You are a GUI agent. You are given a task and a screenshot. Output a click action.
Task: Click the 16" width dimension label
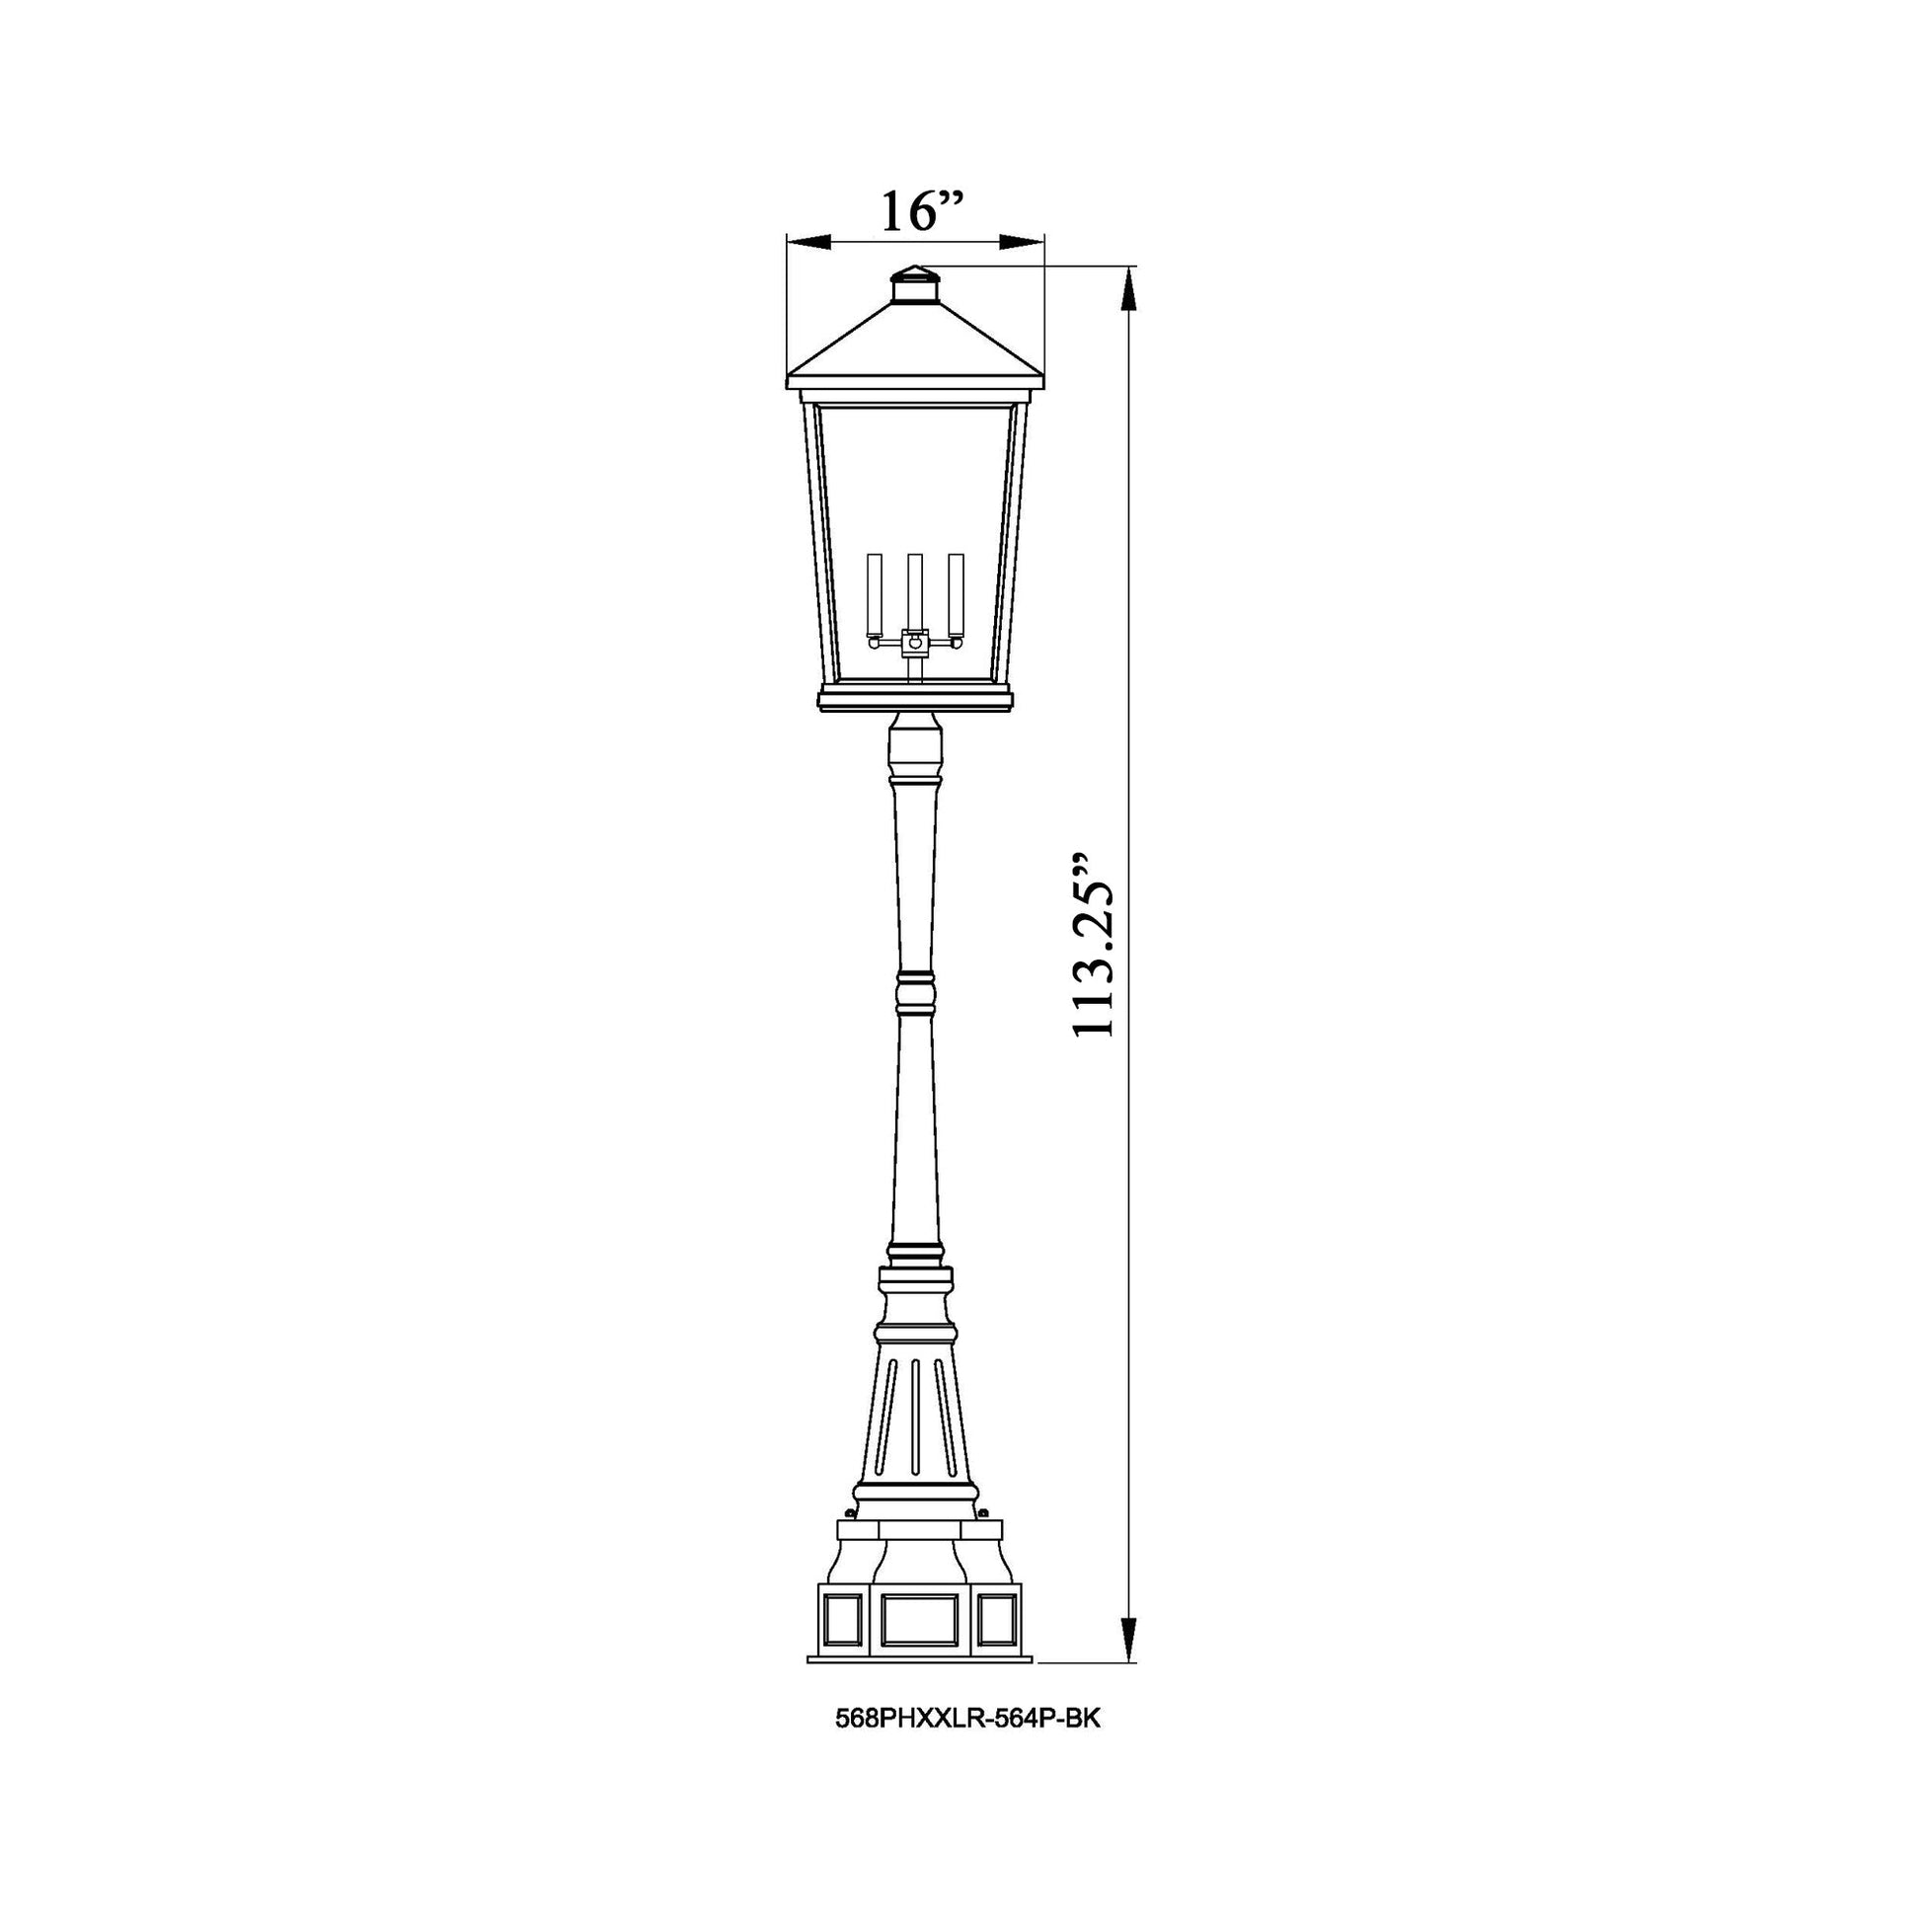click(923, 211)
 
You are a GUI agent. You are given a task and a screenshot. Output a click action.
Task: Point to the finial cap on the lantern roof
click(915, 285)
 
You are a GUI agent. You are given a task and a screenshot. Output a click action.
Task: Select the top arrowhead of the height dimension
click(1127, 288)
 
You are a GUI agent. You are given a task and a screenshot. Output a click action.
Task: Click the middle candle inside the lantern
click(915, 590)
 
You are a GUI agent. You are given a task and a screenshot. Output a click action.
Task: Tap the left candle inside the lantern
click(875, 594)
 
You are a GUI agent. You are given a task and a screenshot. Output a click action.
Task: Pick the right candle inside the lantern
click(957, 594)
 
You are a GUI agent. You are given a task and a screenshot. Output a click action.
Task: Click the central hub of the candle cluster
click(915, 645)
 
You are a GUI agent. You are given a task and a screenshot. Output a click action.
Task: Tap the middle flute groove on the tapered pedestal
click(915, 1431)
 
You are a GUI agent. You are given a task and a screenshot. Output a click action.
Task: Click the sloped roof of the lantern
click(915, 344)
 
